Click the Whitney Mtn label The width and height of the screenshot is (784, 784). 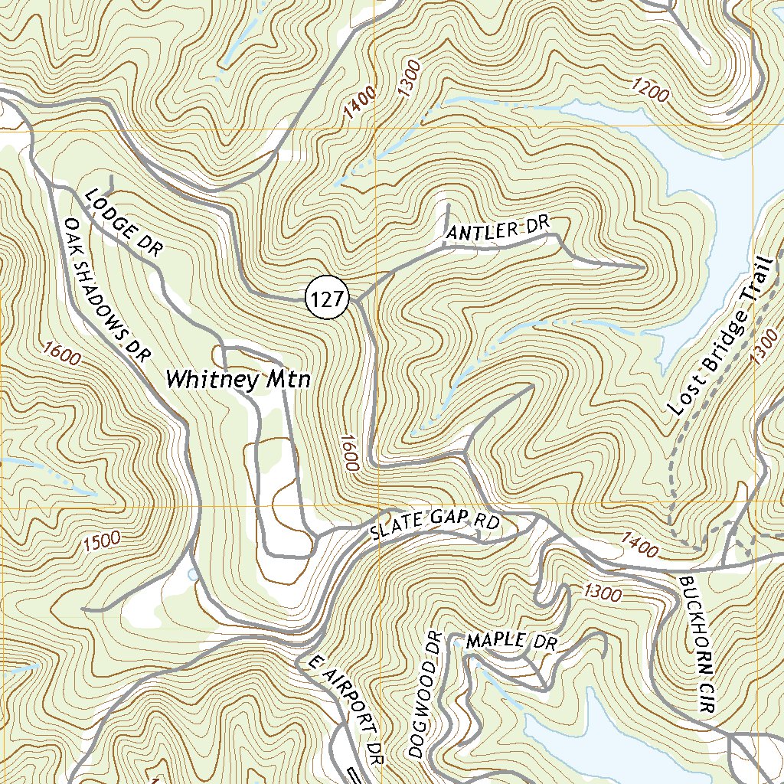point(238,379)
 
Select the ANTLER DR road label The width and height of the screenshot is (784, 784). point(498,228)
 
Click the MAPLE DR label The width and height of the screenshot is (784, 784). point(511,641)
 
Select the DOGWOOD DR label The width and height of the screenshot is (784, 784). point(426,694)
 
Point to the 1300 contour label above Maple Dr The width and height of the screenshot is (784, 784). point(602,593)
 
